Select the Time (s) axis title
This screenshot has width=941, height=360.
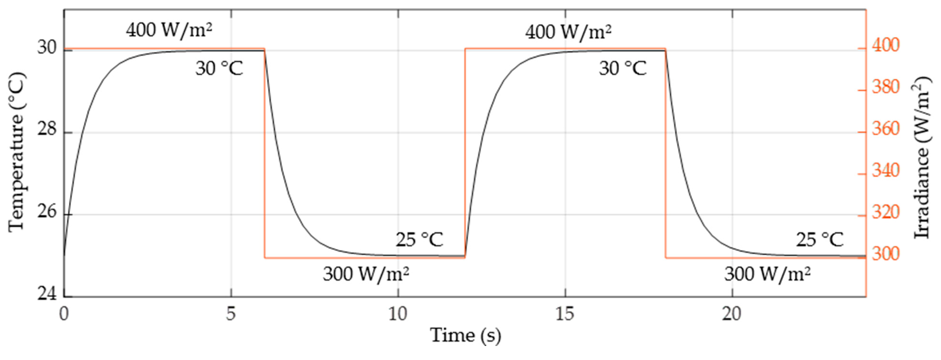tap(465, 335)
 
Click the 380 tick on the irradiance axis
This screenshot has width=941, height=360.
tap(885, 87)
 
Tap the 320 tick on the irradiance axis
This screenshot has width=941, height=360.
tap(885, 212)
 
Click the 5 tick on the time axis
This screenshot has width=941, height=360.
tap(230, 313)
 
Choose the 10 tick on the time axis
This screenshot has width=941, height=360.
tap(398, 313)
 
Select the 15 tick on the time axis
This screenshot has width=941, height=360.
tap(565, 313)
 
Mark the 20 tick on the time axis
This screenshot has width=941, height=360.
tap(732, 313)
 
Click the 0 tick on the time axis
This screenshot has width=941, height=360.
tap(64, 313)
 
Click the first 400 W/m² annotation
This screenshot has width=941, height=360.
tap(169, 30)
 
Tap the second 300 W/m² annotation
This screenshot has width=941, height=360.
tap(767, 274)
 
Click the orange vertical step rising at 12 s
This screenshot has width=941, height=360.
tap(465, 153)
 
